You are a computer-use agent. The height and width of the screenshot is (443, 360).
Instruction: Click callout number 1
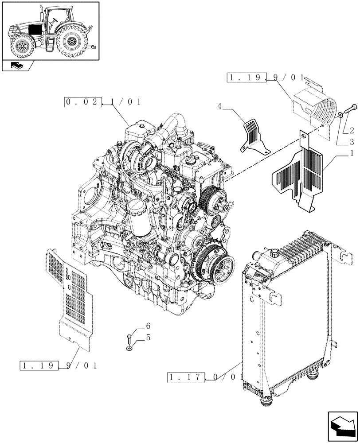click(352, 153)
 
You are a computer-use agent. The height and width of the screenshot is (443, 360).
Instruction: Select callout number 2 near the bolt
click(351, 131)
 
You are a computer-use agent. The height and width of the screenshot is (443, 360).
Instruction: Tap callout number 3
click(351, 142)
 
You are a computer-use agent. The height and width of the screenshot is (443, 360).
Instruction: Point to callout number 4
click(220, 106)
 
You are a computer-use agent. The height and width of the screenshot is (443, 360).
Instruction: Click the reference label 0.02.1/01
click(103, 102)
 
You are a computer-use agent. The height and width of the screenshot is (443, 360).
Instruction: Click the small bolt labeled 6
click(129, 340)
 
